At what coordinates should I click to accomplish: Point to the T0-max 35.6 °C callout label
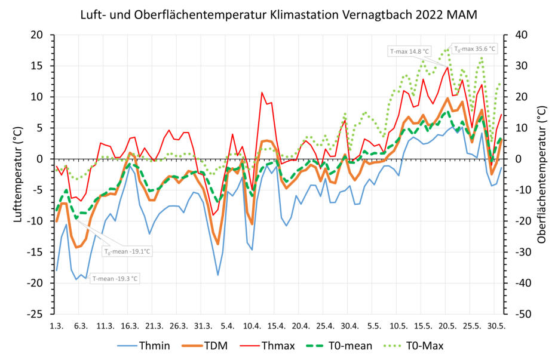pyautogui.click(x=474, y=49)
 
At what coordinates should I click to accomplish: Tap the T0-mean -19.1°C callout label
pyautogui.click(x=127, y=251)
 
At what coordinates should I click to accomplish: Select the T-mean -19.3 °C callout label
pyautogui.click(x=115, y=278)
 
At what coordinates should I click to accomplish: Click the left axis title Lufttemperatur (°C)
pyautogui.click(x=17, y=174)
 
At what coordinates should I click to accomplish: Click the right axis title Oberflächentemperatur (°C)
pyautogui.click(x=541, y=174)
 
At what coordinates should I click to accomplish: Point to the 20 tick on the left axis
pyautogui.click(x=37, y=35)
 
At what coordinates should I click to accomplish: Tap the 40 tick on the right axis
pyautogui.click(x=515, y=35)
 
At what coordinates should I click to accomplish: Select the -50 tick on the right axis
pyautogui.click(x=517, y=313)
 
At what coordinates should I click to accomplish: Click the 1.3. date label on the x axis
pyautogui.click(x=57, y=326)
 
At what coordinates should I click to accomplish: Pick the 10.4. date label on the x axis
pyautogui.click(x=252, y=326)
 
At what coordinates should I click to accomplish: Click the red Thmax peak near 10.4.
pyautogui.click(x=262, y=93)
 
